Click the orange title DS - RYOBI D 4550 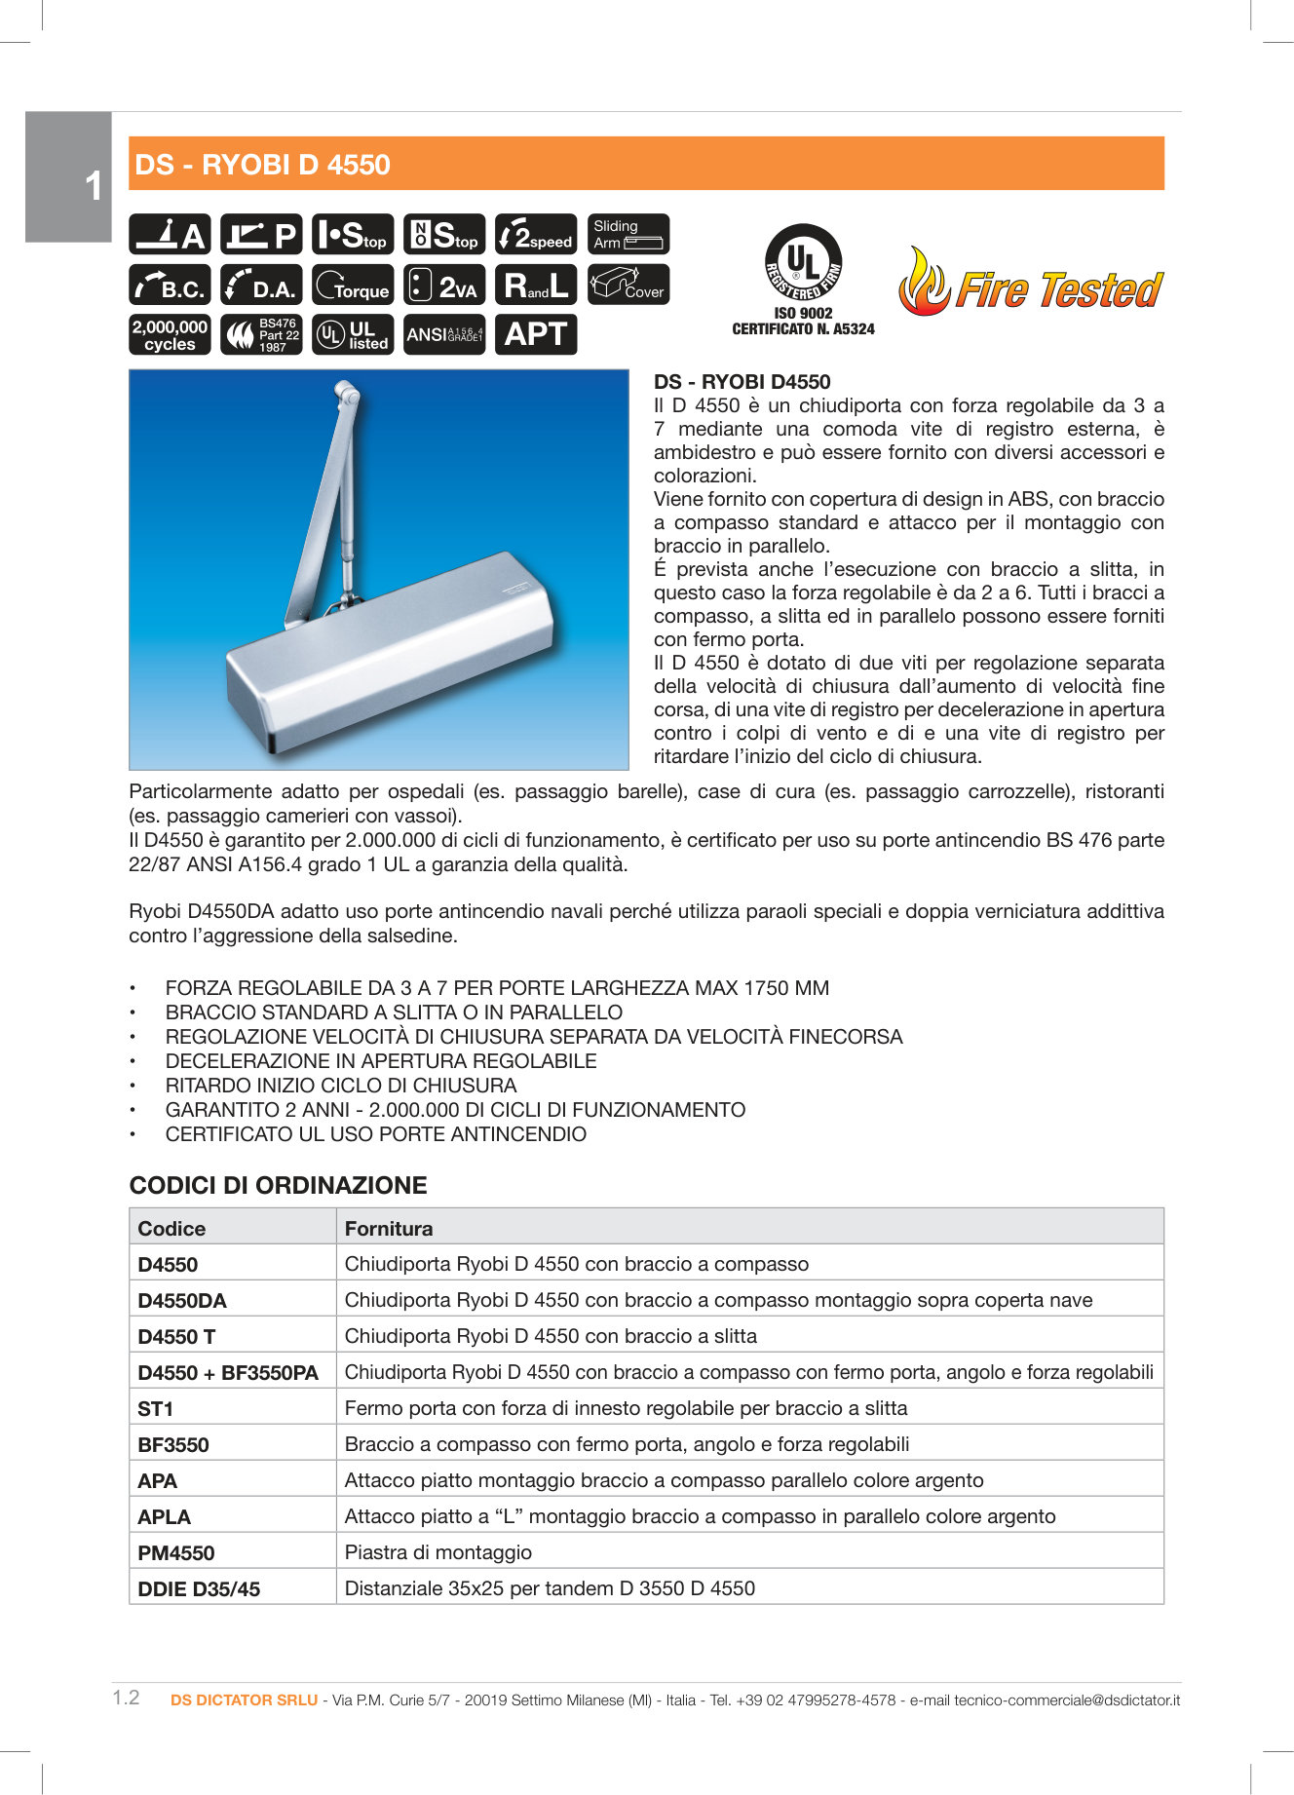[262, 165]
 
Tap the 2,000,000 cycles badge [170, 334]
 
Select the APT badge [536, 334]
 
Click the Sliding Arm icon [628, 234]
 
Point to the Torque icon [353, 285]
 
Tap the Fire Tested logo [1031, 285]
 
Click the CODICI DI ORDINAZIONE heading [278, 1185]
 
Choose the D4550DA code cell [182, 1300]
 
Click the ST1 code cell [156, 1408]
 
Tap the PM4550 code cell [176, 1552]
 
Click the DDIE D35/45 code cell [199, 1588]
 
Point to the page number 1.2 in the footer [126, 1698]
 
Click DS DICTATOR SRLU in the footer [244, 1700]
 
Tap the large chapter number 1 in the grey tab [93, 186]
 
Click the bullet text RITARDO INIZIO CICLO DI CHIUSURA [341, 1086]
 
